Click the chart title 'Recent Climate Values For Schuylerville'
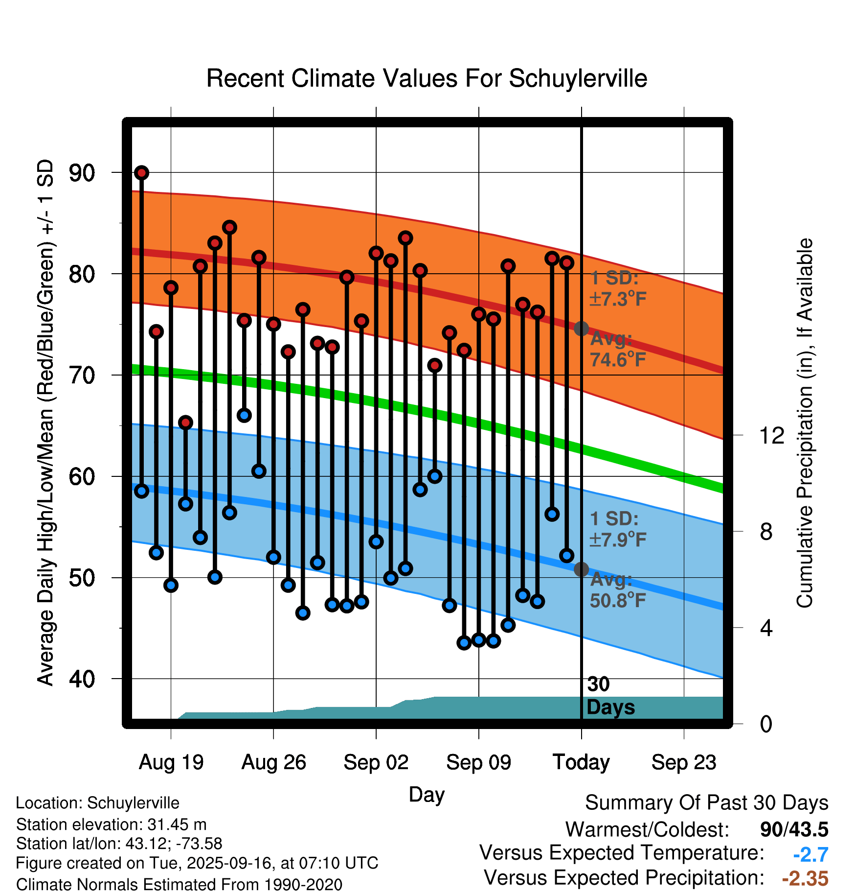tap(427, 78)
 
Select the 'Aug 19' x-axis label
tap(171, 762)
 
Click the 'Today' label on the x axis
tap(581, 762)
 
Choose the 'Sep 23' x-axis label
tap(684, 762)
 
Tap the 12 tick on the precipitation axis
tap(771, 435)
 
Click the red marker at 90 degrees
tap(141, 173)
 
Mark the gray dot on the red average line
tap(581, 329)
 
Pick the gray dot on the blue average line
tap(581, 569)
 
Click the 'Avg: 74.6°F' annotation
tap(617, 349)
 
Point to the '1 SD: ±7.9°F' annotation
tap(617, 529)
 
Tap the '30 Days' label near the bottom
tap(610, 696)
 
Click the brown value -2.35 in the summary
tap(805, 878)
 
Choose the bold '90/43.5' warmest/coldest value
tap(794, 829)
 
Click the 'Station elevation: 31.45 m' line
tap(111, 824)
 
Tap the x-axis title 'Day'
tap(427, 794)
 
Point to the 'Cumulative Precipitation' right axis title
tap(805, 424)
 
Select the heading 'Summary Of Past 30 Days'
tap(706, 803)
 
